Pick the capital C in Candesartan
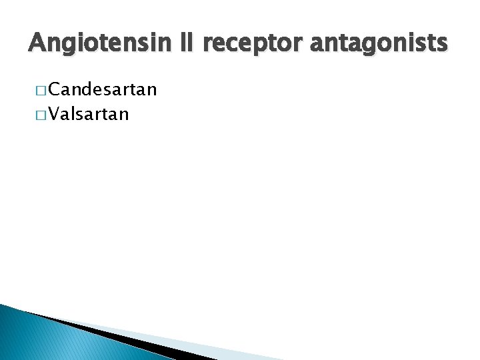[x=54, y=89]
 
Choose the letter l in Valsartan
[x=75, y=114]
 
